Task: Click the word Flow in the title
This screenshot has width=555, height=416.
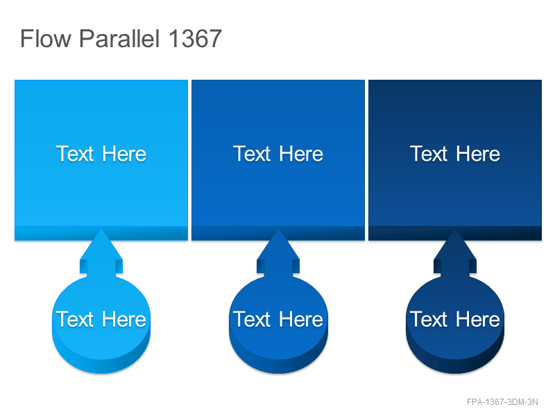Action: point(46,38)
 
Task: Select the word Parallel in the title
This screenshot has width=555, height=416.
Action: point(119,38)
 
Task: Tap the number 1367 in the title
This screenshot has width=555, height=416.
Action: point(196,38)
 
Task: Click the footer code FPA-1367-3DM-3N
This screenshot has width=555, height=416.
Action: point(502,402)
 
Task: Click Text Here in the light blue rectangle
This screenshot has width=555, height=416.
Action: point(101,154)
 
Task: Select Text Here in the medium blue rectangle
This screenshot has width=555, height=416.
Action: point(278,154)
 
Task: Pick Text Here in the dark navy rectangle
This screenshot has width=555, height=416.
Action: point(455,154)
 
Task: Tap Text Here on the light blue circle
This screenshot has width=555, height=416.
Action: point(101,319)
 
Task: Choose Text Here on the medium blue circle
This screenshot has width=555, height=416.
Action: point(278,319)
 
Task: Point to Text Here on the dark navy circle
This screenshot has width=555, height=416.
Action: point(455,319)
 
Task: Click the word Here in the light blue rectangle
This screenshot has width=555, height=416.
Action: point(124,154)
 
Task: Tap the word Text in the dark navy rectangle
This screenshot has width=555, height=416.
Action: point(429,154)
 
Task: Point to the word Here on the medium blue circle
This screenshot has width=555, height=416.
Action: point(301,319)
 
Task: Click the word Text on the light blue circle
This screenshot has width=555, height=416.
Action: point(75,319)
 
